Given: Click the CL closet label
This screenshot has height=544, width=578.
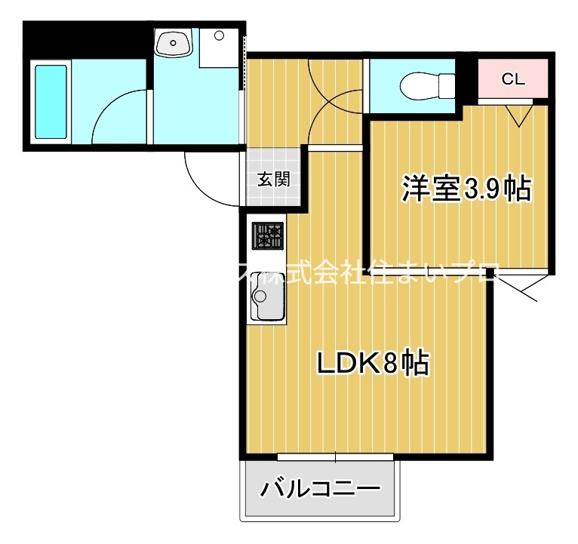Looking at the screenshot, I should coord(513,78).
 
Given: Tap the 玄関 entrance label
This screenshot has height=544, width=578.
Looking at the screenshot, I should coord(273,180).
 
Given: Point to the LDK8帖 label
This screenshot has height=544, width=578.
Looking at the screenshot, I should coord(372,364).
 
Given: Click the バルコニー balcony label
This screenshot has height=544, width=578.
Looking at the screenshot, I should coord(320,490).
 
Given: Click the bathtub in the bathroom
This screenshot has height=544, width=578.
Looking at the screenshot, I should coord(51,101).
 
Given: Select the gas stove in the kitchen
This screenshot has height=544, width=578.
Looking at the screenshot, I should coord(267,236).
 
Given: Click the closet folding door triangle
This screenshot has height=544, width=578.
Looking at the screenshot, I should coord(518,115).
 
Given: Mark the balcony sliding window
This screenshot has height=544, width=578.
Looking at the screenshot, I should coord(335,457).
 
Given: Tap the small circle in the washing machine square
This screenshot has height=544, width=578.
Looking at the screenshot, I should coord(219,34).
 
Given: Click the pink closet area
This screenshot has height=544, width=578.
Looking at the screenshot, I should coord(513,78).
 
